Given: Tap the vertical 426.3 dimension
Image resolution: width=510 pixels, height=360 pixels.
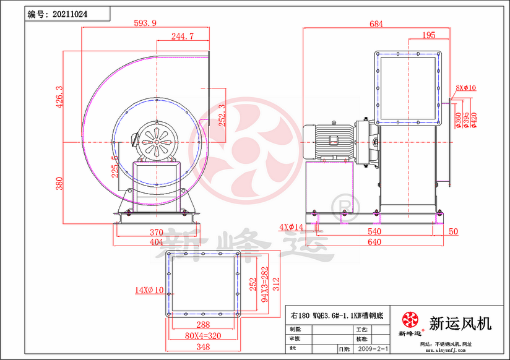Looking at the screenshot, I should [59, 97].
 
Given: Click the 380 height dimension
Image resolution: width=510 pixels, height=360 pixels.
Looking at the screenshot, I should [59, 184].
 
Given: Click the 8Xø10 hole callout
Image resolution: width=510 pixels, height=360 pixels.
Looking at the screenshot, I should [465, 88].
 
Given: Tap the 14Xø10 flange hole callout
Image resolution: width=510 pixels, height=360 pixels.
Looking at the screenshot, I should [149, 289].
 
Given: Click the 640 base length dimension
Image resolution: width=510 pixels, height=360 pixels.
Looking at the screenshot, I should [374, 242].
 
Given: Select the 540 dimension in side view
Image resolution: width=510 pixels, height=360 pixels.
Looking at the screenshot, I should [374, 231].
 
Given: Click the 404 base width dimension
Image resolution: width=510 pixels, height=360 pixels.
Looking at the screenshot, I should [156, 242].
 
